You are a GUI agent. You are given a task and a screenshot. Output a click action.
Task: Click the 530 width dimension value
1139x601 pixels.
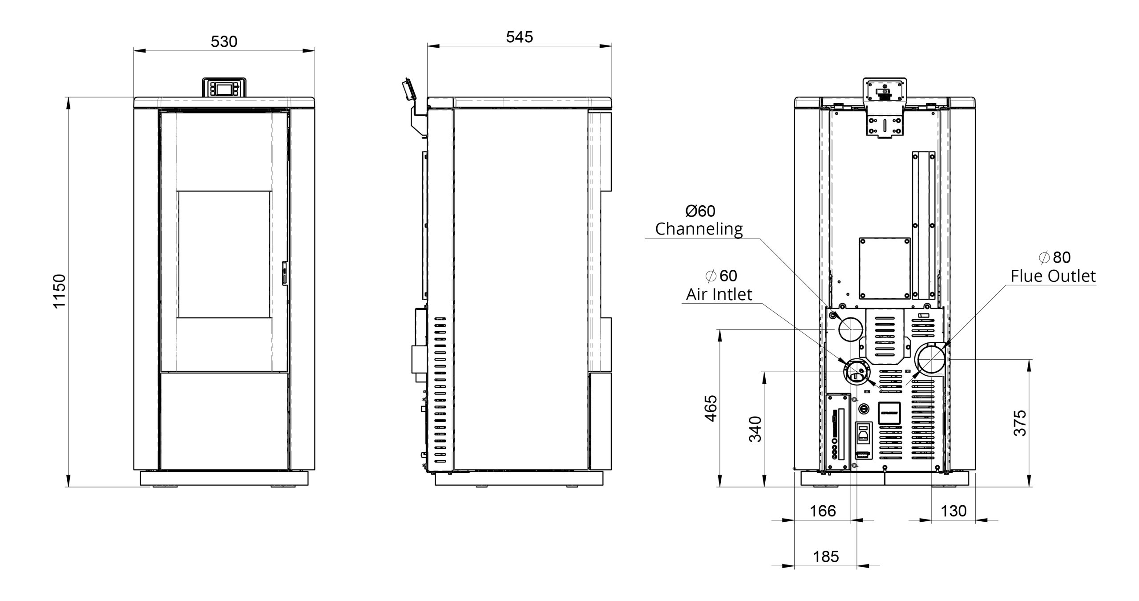tap(224, 41)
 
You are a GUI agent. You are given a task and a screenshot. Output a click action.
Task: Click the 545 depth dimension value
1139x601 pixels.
tap(519, 37)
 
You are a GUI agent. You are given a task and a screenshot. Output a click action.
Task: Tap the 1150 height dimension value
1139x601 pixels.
tap(59, 291)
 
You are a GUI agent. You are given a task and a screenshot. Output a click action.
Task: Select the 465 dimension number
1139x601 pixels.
tap(711, 408)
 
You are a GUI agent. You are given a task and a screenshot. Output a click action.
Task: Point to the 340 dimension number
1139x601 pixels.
tap(755, 429)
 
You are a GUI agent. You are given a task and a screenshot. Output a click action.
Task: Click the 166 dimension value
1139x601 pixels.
tap(823, 511)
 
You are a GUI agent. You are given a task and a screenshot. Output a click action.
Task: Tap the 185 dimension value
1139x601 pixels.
tap(826, 556)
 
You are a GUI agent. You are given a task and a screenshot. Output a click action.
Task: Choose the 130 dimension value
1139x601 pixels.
tap(953, 511)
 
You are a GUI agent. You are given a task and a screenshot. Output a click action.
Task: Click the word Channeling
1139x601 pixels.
tap(699, 229)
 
